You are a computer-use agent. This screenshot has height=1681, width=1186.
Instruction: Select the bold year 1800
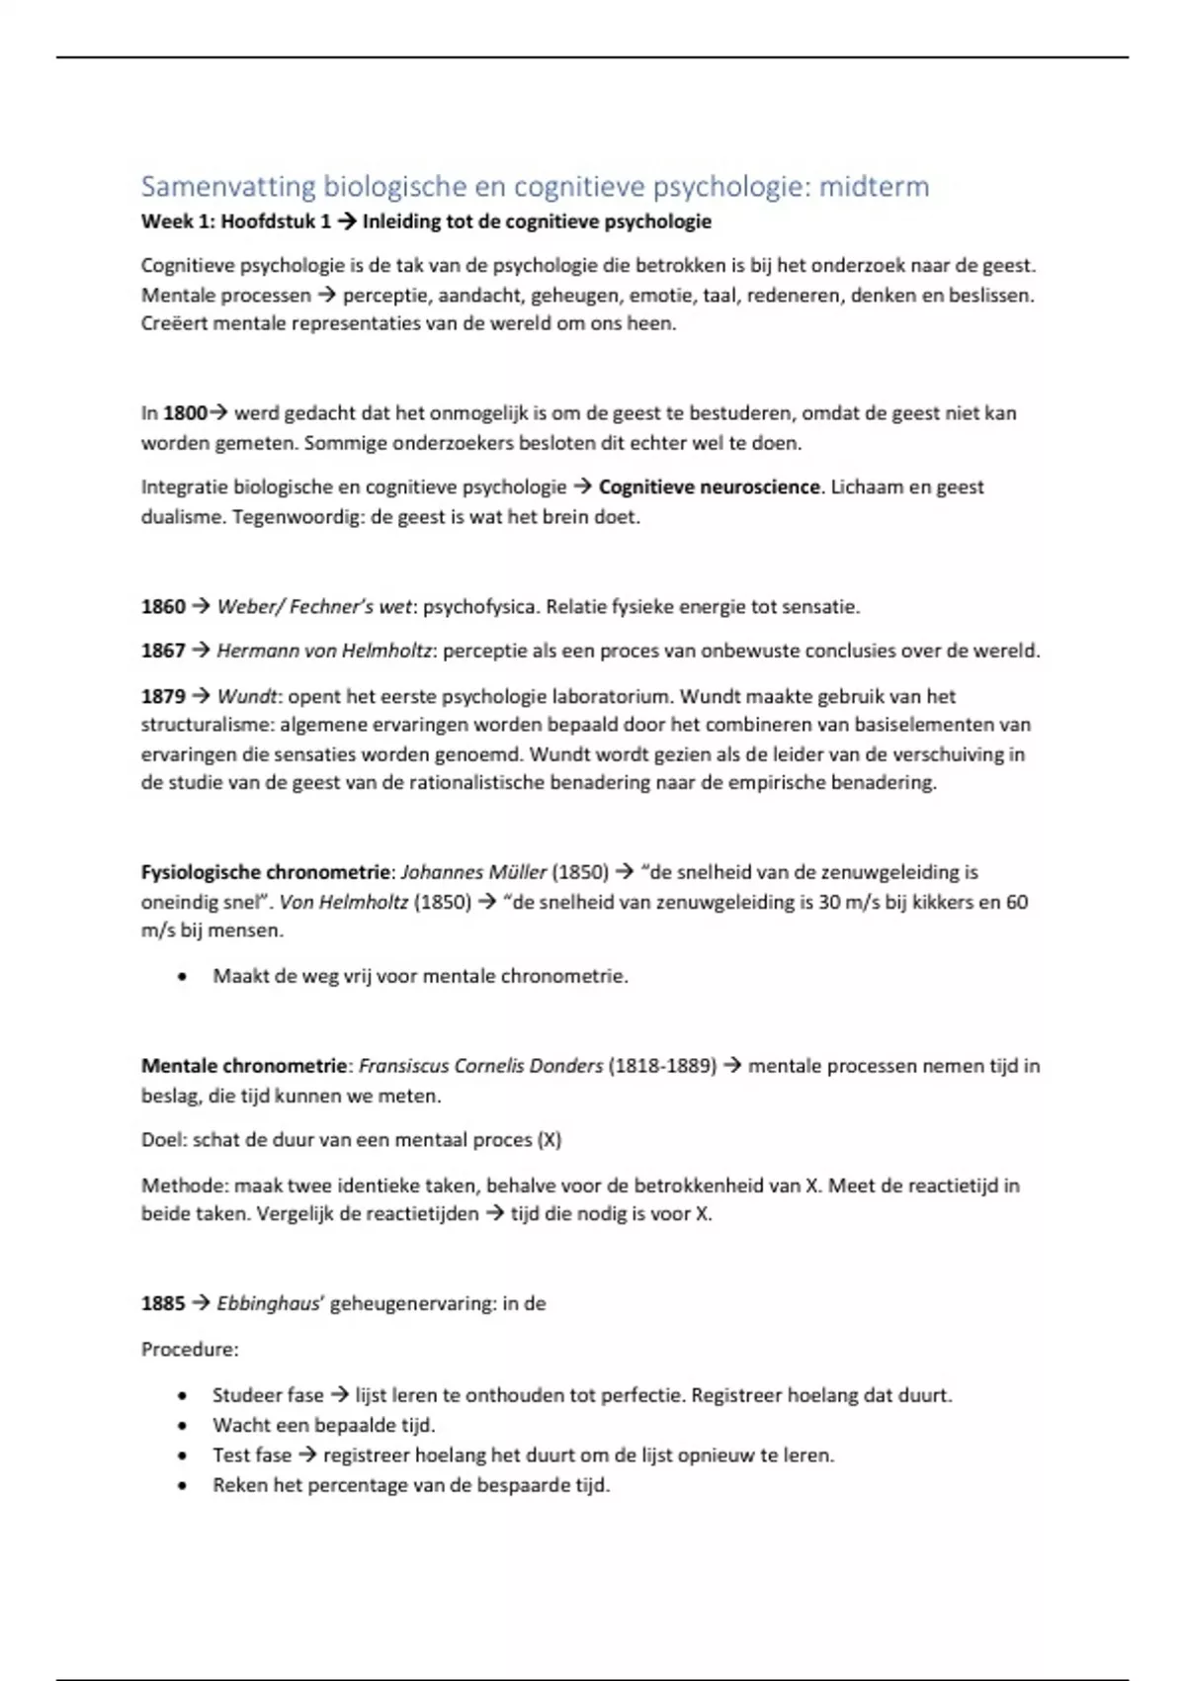pos(185,413)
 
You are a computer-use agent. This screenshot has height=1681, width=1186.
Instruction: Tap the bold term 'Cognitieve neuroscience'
pos(709,487)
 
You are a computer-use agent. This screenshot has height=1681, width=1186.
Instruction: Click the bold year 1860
pos(163,607)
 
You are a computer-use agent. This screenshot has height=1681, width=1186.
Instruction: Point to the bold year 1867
pos(163,651)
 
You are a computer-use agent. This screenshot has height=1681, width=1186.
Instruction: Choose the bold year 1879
pos(163,696)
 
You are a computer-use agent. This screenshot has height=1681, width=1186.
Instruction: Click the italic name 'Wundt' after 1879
pos(247,696)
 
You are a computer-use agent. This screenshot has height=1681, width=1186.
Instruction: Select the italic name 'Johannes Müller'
pos(473,872)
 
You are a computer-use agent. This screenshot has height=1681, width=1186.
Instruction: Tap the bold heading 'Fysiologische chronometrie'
pos(266,872)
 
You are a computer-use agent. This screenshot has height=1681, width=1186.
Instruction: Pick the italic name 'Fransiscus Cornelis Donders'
pos(480,1066)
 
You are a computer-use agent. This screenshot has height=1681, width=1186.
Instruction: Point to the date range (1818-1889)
pos(662,1066)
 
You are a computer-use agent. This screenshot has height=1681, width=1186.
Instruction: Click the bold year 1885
pos(163,1304)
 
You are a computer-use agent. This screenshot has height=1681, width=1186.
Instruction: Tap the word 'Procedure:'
pos(190,1350)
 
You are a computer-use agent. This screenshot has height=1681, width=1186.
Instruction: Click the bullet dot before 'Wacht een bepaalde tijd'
pos(182,1426)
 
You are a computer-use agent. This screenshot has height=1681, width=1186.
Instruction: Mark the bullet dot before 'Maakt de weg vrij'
pos(182,977)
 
